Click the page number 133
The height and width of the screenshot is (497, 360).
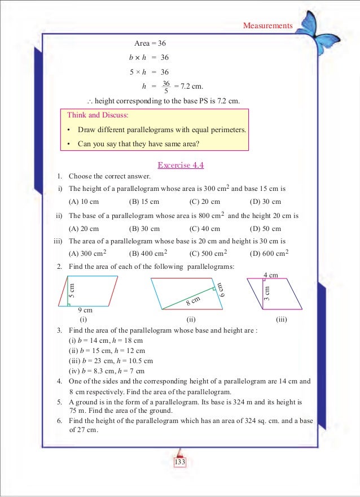180,463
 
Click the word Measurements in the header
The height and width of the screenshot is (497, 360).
267,25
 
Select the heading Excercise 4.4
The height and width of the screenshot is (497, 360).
180,165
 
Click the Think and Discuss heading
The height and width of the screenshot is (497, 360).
98,115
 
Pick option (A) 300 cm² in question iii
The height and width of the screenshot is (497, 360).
88,254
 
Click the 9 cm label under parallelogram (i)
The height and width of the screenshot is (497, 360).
85,310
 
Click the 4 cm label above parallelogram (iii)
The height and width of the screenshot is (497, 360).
271,275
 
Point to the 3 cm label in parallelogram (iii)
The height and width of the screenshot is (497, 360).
267,293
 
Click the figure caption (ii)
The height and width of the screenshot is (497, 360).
191,319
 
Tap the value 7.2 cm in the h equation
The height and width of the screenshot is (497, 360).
189,86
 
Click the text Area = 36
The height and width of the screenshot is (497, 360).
150,43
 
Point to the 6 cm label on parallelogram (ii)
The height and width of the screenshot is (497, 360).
221,290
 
